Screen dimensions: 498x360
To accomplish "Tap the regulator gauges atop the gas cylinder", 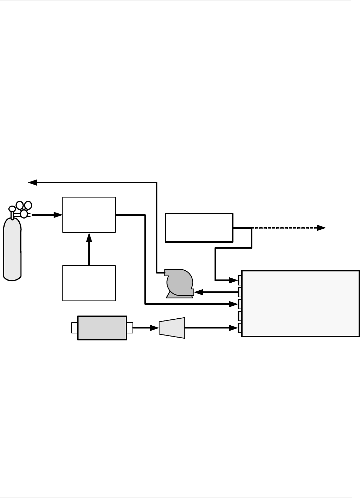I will (x=23, y=209).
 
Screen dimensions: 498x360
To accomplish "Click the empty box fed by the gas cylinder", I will (x=89, y=215).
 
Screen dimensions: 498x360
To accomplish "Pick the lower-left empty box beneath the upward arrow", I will (x=89, y=283).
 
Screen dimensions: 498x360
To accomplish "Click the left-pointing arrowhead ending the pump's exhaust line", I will (x=33, y=182).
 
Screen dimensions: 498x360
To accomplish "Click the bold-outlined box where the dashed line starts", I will (x=199, y=227).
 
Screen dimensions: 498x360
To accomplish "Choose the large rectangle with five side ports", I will (x=300, y=303).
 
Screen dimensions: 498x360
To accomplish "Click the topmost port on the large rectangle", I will (x=240, y=280).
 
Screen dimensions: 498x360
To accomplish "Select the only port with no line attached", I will (x=240, y=316).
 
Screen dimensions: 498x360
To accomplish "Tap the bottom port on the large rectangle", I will (x=240, y=328).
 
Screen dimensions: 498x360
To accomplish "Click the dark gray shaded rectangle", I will (x=102, y=328).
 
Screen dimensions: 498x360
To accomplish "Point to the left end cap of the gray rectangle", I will (x=74, y=328).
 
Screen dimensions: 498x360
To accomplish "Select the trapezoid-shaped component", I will (x=172, y=328).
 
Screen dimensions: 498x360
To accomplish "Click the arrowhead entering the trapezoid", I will (x=155, y=328).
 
